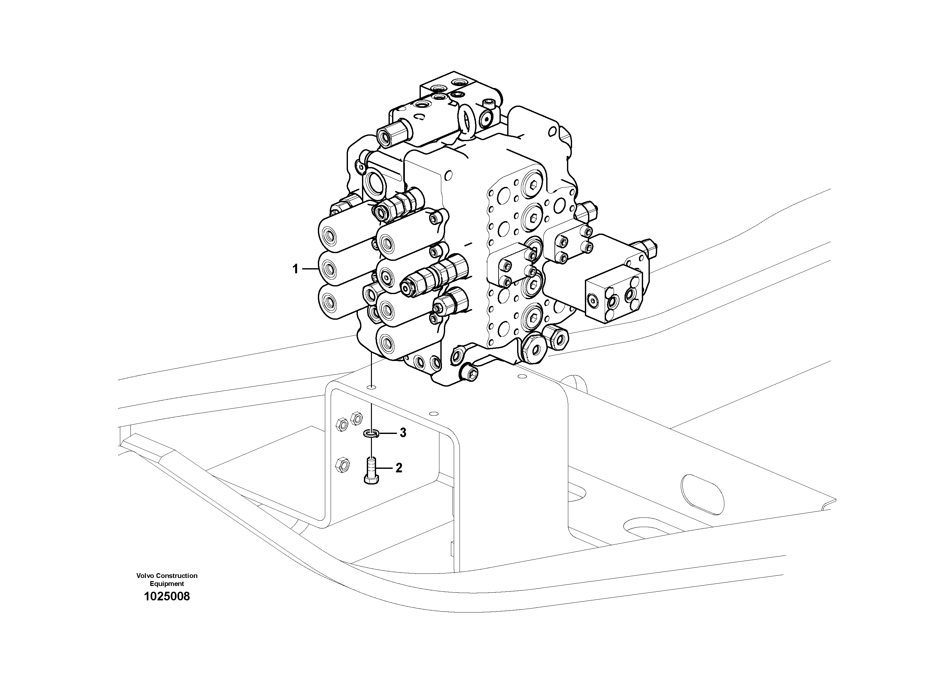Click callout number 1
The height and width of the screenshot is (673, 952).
(295, 269)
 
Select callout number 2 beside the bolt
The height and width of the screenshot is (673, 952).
(398, 468)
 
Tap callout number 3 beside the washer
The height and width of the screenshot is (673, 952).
(403, 433)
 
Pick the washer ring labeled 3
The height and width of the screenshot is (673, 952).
(372, 434)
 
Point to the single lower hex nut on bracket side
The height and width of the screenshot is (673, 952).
(342, 464)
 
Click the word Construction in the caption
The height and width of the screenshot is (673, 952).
(178, 575)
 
